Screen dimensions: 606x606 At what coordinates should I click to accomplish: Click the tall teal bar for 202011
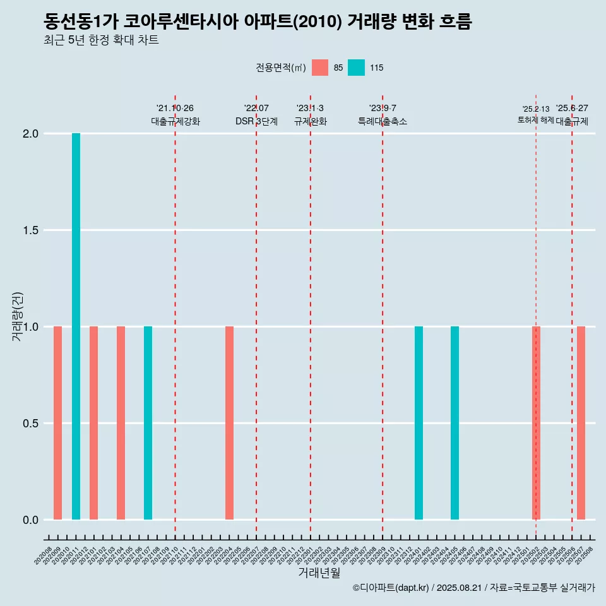[x=76, y=326]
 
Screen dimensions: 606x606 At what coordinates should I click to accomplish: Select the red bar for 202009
[x=57, y=423]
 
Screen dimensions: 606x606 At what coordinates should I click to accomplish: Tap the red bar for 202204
[x=229, y=423]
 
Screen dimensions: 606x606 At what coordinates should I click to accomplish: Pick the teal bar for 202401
[x=419, y=423]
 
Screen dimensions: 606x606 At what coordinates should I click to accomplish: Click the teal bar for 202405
[x=454, y=423]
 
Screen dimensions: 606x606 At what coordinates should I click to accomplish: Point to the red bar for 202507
[x=581, y=423]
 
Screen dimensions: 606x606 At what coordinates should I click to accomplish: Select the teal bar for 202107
[x=148, y=423]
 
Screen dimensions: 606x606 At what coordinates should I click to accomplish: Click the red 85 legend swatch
[x=320, y=68]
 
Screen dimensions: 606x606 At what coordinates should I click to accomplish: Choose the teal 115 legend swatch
[x=356, y=68]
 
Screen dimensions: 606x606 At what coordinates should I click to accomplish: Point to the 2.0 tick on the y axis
[x=32, y=134]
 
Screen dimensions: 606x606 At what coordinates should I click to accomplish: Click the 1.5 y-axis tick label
[x=32, y=230]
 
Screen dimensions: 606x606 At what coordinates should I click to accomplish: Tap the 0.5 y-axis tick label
[x=32, y=424]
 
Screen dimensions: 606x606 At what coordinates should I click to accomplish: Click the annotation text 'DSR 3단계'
[x=256, y=122]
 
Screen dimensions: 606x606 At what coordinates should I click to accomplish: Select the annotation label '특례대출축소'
[x=383, y=122]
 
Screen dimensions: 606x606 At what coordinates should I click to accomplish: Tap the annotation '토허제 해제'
[x=535, y=120]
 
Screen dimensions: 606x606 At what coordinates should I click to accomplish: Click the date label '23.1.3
[x=310, y=109]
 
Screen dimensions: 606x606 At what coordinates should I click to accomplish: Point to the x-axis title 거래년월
[x=319, y=573]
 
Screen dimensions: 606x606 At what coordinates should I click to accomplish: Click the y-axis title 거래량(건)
[x=18, y=316]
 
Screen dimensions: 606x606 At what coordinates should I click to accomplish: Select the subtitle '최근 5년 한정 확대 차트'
[x=101, y=40]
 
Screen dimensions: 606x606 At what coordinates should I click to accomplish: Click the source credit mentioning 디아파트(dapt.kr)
[x=473, y=588]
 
